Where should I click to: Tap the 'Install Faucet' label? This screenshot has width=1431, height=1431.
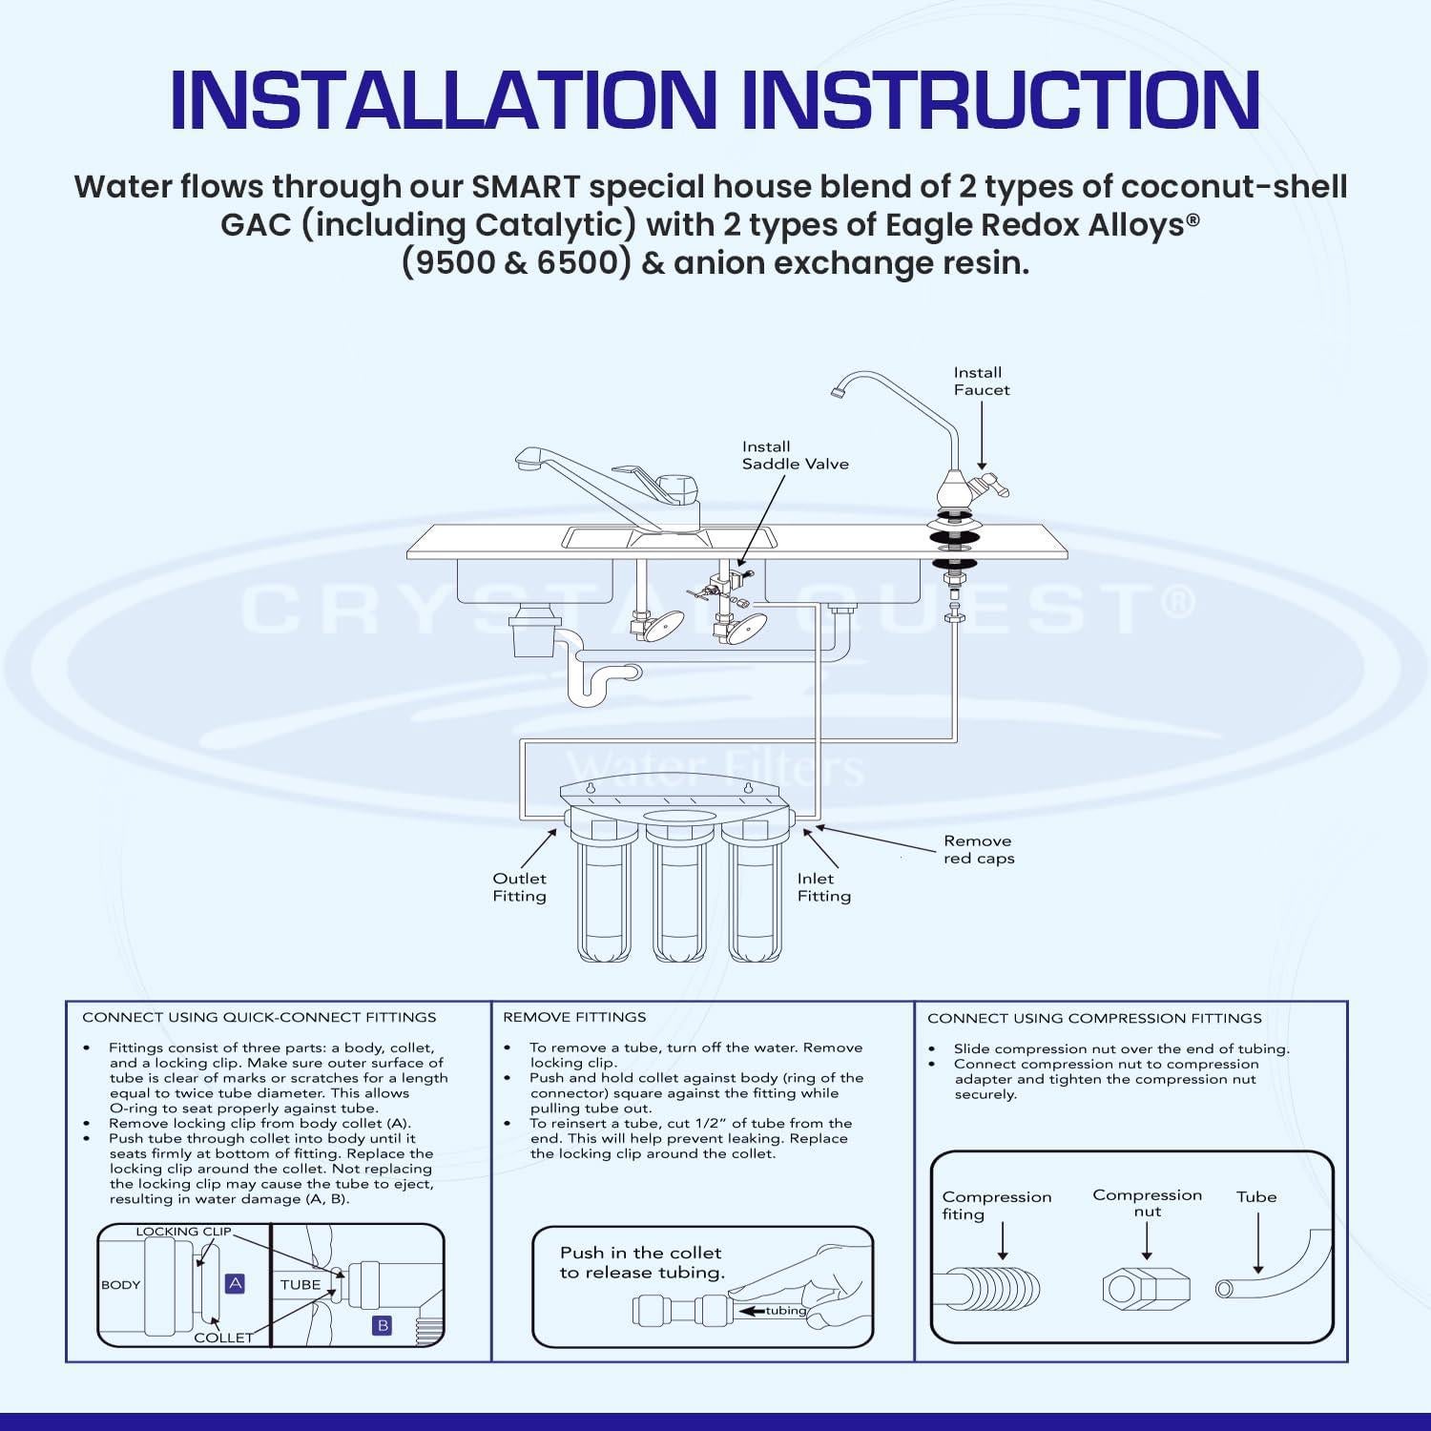point(981,382)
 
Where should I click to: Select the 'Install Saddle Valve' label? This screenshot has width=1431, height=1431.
point(795,455)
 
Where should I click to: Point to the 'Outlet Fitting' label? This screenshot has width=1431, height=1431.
point(519,887)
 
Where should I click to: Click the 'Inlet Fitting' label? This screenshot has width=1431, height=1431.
point(823,887)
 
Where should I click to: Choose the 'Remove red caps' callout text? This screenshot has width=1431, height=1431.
point(979,850)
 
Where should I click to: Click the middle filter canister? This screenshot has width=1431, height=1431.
point(678,897)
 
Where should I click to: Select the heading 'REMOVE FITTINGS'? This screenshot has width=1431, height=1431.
point(574,1017)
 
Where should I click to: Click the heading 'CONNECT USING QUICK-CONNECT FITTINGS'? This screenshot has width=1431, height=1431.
point(259,1017)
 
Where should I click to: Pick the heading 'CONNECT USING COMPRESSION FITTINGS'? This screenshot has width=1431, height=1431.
point(1094,1018)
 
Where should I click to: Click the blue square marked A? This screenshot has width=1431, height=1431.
point(235,1284)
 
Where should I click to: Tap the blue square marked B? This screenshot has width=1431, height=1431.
point(383,1325)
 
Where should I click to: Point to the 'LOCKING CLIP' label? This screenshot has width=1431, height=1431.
point(183,1232)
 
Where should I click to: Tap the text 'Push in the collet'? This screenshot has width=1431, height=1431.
point(640,1253)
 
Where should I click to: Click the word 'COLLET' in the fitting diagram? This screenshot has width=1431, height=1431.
point(223,1338)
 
